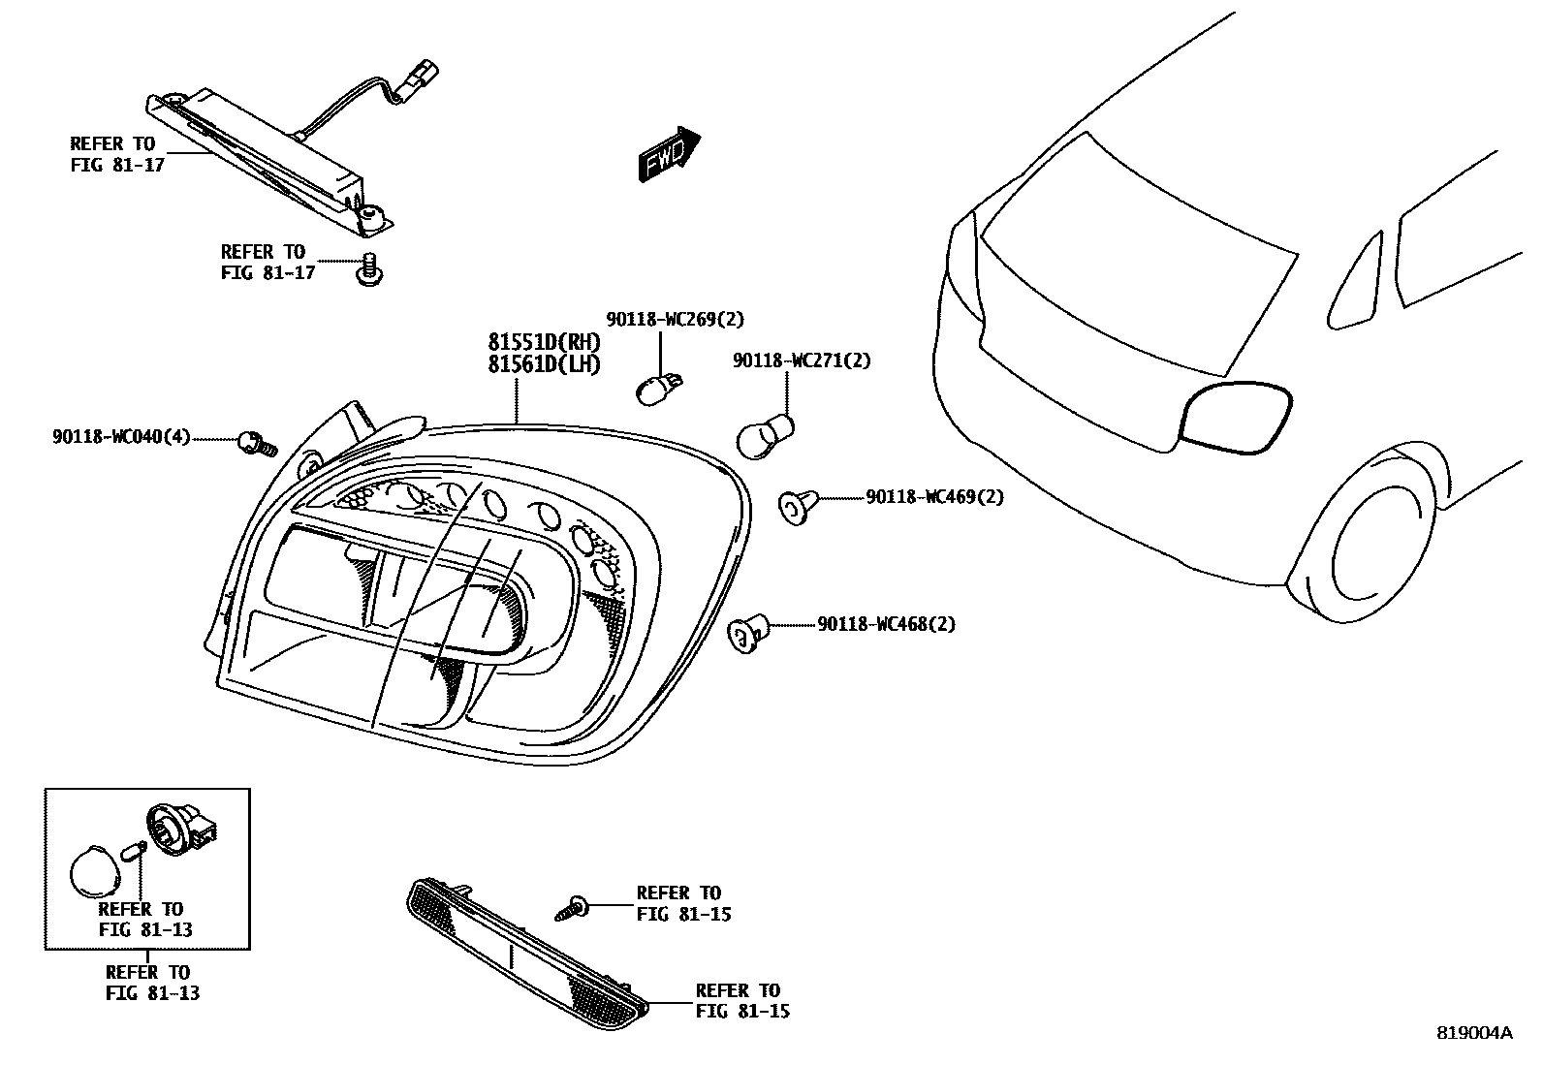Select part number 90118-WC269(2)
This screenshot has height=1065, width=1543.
click(676, 319)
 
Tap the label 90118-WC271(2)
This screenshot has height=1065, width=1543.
click(802, 360)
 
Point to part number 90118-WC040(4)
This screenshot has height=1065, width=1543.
click(121, 438)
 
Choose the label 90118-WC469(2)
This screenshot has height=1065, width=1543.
click(934, 497)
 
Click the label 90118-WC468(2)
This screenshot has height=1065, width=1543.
click(886, 625)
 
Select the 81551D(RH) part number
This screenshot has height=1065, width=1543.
click(544, 343)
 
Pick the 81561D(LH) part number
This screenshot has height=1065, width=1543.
click(544, 365)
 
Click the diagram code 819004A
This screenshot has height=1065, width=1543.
click(1473, 1033)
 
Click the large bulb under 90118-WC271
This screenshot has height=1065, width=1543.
click(765, 435)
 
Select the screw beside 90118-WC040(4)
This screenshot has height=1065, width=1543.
click(256, 444)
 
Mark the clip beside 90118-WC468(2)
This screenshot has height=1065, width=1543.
click(747, 631)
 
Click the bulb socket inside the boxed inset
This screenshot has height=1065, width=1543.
click(176, 832)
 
